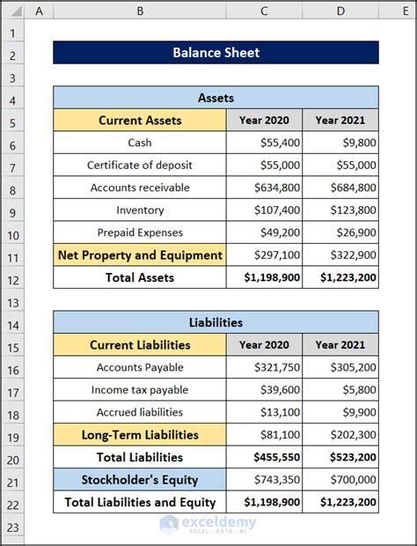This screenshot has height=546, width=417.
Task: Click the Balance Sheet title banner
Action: pyautogui.click(x=216, y=53)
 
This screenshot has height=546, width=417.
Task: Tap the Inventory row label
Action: pyautogui.click(x=140, y=210)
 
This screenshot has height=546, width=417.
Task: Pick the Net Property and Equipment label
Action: pyautogui.click(x=140, y=255)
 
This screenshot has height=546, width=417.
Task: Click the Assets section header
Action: pyautogui.click(x=216, y=98)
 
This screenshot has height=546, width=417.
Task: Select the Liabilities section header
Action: pyautogui.click(x=216, y=322)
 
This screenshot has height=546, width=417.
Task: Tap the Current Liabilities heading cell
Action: pyautogui.click(x=140, y=345)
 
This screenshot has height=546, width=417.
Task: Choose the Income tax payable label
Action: pyautogui.click(x=140, y=390)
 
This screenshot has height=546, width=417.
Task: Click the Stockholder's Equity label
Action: pyautogui.click(x=140, y=480)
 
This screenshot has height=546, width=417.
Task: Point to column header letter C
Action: pyautogui.click(x=264, y=11)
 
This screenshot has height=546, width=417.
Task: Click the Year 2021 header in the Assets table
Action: pyautogui.click(x=340, y=121)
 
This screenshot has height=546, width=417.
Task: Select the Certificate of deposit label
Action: pyautogui.click(x=140, y=166)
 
